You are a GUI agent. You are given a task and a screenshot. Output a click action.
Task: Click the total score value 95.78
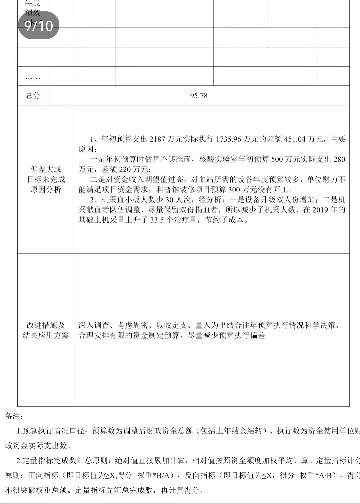199,96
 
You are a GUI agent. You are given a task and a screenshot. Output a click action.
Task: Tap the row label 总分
33,95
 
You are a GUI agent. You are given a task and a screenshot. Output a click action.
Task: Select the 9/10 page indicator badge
39,25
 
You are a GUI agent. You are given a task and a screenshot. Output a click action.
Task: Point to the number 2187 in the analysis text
157,139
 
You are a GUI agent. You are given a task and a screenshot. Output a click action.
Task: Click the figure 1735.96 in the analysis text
228,139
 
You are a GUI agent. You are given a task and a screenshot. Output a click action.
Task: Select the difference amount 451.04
295,139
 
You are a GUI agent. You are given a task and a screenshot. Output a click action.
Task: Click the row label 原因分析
46,190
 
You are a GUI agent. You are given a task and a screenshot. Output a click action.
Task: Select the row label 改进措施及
46,325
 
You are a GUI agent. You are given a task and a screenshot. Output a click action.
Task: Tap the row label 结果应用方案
46,335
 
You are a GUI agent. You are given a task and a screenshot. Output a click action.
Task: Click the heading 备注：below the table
14,416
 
